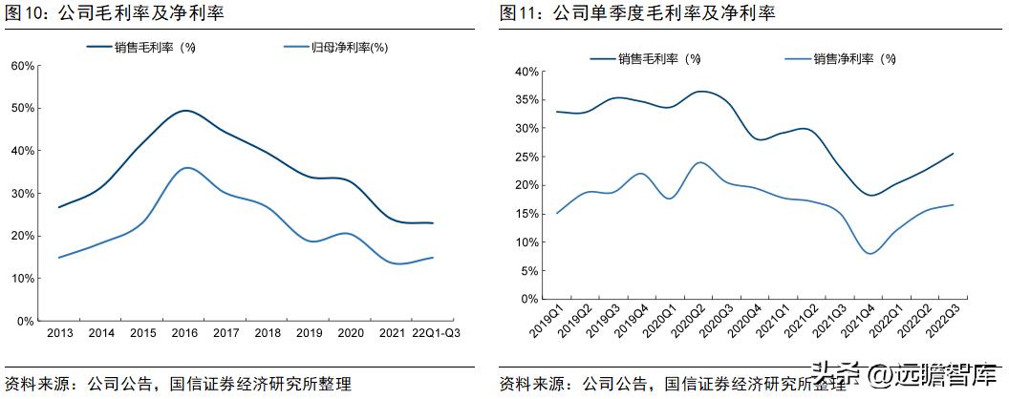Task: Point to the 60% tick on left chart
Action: pos(23,66)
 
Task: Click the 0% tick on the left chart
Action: pos(27,321)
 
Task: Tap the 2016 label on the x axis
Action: pos(185,333)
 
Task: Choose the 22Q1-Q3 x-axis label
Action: pos(436,333)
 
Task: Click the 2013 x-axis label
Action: pos(59,333)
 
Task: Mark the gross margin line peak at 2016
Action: pos(185,111)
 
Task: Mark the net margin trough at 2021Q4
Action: pos(870,253)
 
